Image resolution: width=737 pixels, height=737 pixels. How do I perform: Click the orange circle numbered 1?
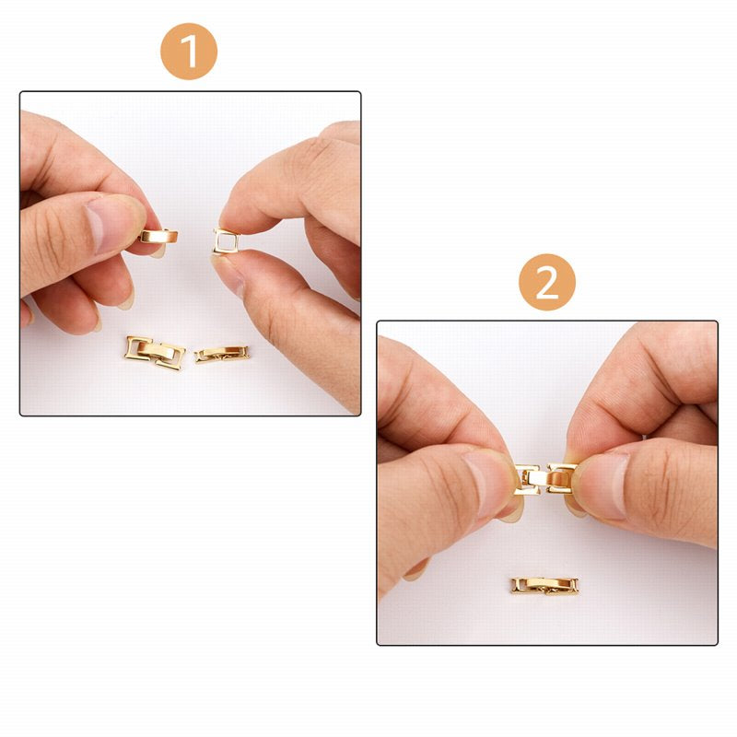(189, 52)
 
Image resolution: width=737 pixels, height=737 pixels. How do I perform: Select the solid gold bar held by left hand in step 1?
(158, 236)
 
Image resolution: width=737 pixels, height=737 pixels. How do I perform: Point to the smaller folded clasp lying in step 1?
(222, 353)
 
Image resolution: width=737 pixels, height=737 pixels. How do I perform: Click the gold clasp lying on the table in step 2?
(545, 585)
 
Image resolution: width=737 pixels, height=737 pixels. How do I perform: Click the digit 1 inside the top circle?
(189, 52)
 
